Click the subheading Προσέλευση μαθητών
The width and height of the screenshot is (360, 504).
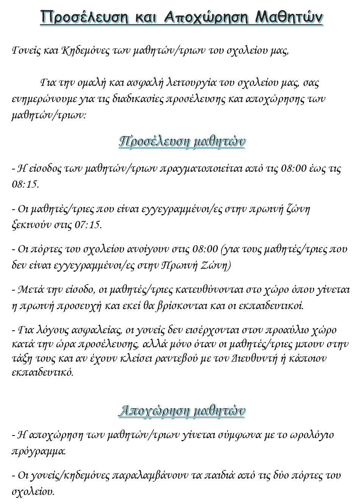click(182, 141)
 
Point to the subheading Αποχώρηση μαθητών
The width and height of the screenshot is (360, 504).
click(182, 411)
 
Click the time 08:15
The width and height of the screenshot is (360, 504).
click(25, 184)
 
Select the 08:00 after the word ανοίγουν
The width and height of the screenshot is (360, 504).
click(205, 249)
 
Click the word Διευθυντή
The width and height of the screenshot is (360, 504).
click(254, 358)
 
